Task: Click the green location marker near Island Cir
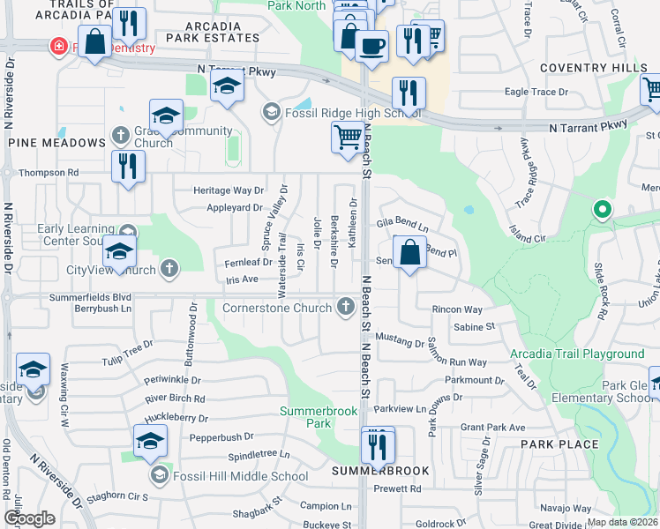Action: (x=603, y=210)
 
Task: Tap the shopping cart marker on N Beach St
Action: (x=348, y=138)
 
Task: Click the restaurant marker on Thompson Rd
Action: (x=128, y=166)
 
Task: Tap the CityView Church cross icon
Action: (x=167, y=269)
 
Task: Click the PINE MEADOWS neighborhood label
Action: (x=56, y=143)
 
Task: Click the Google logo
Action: (x=30, y=518)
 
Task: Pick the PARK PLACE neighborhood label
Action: (x=559, y=444)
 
